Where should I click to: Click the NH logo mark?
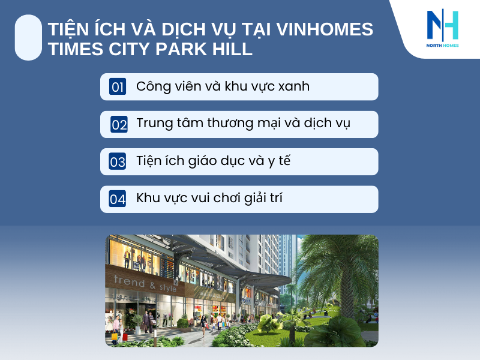click(442, 25)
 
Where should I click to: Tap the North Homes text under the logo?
click(442, 46)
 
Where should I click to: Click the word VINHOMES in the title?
click(325, 29)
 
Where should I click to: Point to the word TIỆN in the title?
click(68, 29)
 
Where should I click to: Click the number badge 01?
click(118, 87)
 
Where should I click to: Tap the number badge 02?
click(119, 125)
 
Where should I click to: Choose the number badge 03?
click(118, 162)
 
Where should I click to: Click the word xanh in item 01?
click(290, 86)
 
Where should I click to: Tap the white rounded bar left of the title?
click(28, 37)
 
